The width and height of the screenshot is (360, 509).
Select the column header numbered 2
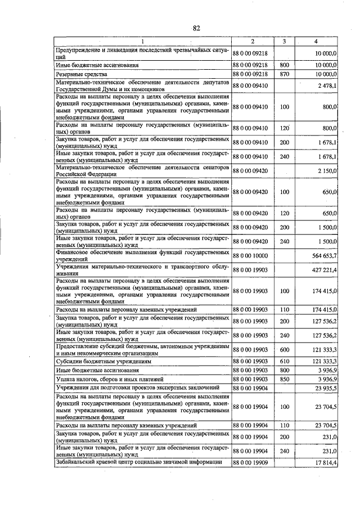(x=253, y=42)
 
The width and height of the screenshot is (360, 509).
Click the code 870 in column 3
(x=284, y=74)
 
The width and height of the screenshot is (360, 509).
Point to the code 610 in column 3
(x=284, y=362)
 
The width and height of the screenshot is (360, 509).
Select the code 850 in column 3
(x=284, y=380)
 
